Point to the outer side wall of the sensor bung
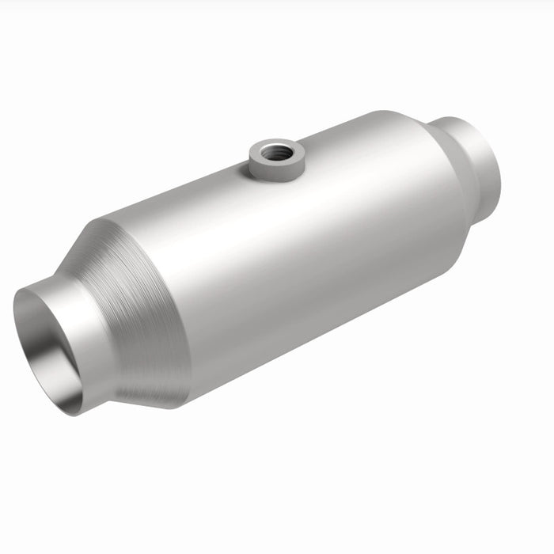tap(272, 164)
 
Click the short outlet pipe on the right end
tap(475, 158)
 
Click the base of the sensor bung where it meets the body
tap(273, 176)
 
